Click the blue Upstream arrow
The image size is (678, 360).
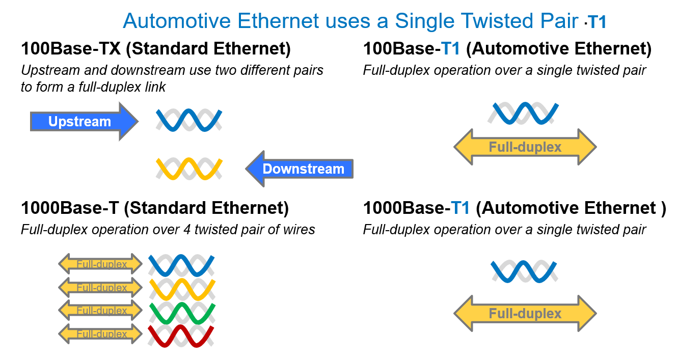click(x=82, y=122)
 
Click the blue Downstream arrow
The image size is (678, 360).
click(x=301, y=169)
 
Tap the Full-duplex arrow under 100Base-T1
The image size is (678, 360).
click(x=525, y=147)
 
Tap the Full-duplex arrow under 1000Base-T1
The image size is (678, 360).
click(x=525, y=314)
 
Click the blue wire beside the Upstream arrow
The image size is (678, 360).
click(x=189, y=120)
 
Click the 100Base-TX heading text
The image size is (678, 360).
click(x=155, y=49)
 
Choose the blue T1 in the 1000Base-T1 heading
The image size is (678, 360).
click(x=460, y=208)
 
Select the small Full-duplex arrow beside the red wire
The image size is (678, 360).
click(x=100, y=334)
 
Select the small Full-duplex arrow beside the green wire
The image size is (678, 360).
click(x=100, y=311)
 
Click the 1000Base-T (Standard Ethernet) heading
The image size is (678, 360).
click(x=155, y=208)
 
